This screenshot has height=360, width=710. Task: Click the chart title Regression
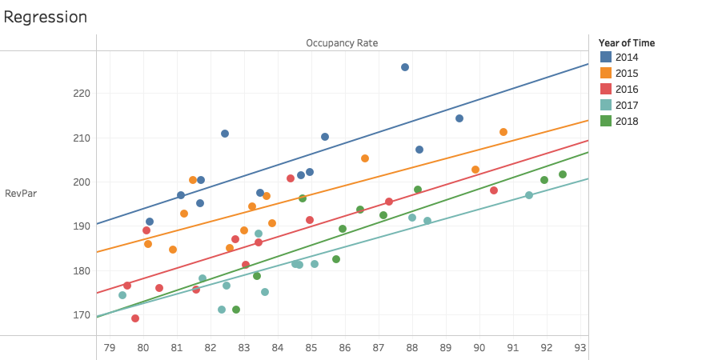coord(46,17)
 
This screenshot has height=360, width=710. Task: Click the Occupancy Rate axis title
coord(342,42)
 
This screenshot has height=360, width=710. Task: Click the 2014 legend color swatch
coord(606,57)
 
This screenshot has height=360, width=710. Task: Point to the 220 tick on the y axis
coord(81,94)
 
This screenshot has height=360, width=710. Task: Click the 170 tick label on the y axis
coord(81,314)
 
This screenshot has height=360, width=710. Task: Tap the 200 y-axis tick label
coord(81,182)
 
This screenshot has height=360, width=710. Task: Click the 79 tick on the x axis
coord(110,346)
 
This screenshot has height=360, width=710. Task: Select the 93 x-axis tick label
coord(580,346)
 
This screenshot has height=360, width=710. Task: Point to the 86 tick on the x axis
coord(345,346)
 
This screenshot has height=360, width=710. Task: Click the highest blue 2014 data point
coord(405,67)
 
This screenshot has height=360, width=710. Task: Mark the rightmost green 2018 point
coord(563,174)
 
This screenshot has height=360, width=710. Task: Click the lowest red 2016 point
coord(135,318)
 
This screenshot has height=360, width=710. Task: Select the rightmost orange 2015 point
coord(503,132)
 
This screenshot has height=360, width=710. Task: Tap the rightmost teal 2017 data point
coord(529,195)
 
